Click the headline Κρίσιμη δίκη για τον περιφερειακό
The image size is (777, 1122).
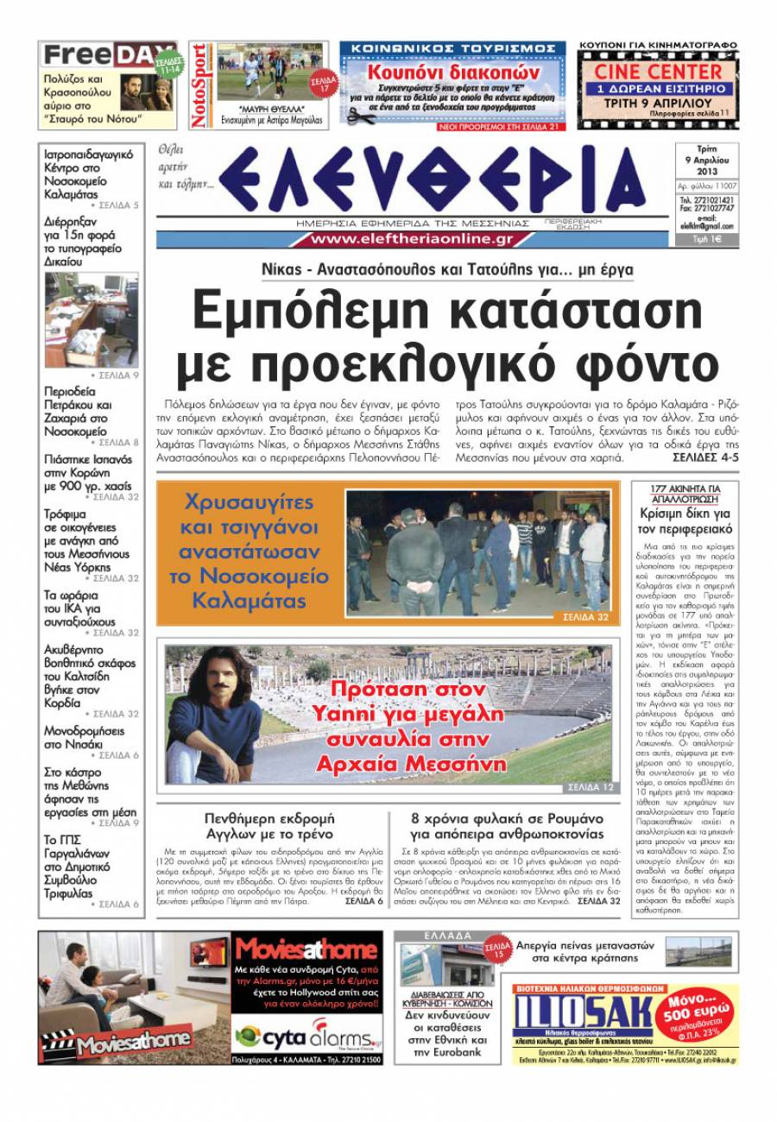[x=685, y=521]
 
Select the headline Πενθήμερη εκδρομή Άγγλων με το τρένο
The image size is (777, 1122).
[x=269, y=826]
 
